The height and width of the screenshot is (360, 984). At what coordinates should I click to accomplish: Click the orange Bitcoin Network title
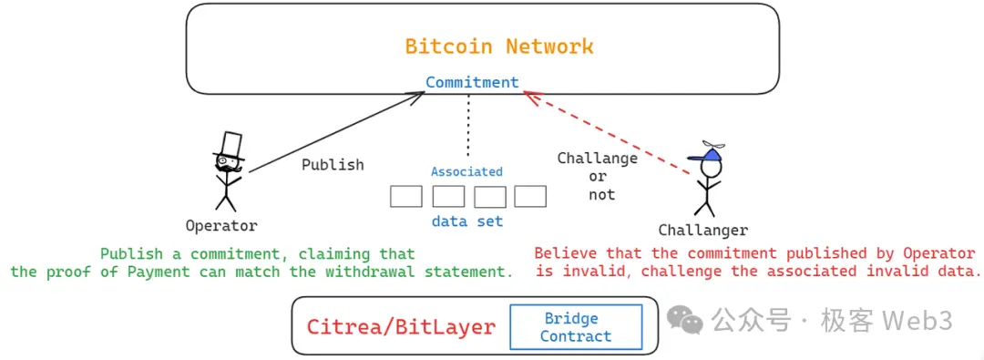click(x=498, y=46)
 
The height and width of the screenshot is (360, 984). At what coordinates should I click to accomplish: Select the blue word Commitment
click(x=472, y=82)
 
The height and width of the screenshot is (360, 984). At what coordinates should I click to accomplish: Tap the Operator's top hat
click(x=230, y=145)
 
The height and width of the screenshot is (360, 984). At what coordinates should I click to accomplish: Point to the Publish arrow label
click(x=333, y=165)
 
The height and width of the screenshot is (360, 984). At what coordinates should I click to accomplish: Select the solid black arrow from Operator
click(x=337, y=127)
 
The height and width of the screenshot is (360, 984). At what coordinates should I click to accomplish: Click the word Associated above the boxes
click(x=466, y=171)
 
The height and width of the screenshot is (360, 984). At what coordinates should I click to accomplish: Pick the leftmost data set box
click(x=405, y=196)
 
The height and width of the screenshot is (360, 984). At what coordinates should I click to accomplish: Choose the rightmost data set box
click(x=530, y=196)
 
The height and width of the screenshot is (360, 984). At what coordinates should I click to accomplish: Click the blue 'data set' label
click(x=466, y=221)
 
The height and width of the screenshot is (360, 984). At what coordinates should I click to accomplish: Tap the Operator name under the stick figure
click(x=221, y=226)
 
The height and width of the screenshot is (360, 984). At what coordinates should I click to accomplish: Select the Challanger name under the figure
click(x=702, y=231)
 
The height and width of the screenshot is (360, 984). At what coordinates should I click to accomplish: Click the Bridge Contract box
click(x=575, y=327)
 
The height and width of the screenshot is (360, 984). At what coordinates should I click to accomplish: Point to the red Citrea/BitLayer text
click(x=401, y=327)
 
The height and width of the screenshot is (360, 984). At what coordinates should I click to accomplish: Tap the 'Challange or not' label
click(x=598, y=176)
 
